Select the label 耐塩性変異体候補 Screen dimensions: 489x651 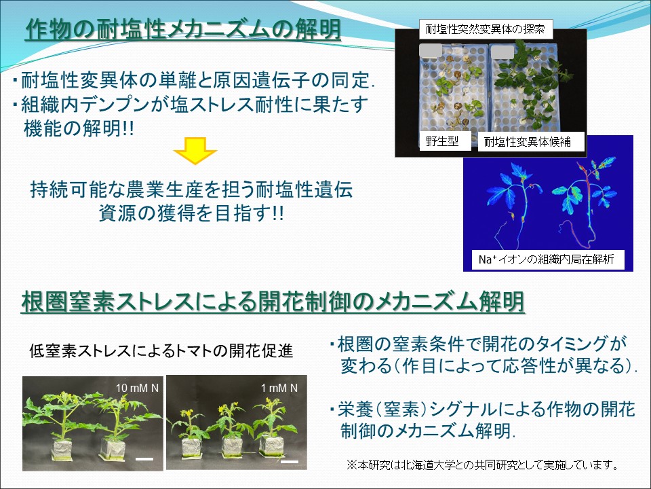pos(524,142)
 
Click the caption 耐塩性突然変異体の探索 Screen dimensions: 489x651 pos(487,29)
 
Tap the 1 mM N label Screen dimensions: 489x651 pos(279,388)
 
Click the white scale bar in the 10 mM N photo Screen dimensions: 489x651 pos(144,459)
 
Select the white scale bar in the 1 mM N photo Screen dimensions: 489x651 pos(290,462)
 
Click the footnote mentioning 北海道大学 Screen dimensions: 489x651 pos(482,465)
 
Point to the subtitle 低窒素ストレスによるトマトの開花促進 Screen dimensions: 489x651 pos(161,351)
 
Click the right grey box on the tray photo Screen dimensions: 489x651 pos(502,52)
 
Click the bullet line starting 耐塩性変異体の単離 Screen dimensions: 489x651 pos(193,81)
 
